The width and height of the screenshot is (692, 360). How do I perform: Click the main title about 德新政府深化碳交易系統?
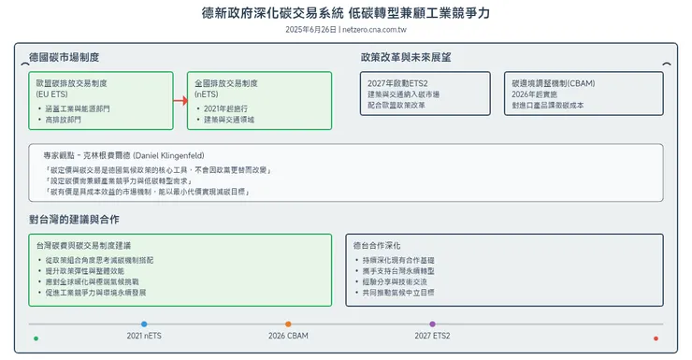345,13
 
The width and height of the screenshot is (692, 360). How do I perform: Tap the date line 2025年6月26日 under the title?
345,30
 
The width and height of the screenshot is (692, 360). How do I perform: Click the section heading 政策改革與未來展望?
405,58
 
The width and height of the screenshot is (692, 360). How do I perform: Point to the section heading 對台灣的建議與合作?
74,220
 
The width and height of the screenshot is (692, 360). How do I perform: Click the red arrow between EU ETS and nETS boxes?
180,101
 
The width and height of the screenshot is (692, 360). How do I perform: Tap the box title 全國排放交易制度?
225,83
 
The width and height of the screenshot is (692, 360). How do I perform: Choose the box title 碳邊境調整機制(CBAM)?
555,83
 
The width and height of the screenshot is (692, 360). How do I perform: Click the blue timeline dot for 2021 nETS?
144,324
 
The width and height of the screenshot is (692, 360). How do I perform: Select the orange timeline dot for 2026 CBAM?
288,324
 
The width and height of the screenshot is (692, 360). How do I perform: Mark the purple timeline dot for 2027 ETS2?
432,324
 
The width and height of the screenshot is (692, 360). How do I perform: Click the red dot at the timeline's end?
656,338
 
